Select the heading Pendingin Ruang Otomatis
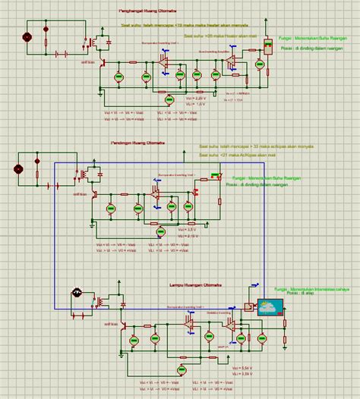153,143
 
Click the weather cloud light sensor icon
270,307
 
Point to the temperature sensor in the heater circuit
267,46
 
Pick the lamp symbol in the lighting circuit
77,293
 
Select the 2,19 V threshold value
192,237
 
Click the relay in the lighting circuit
99,301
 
